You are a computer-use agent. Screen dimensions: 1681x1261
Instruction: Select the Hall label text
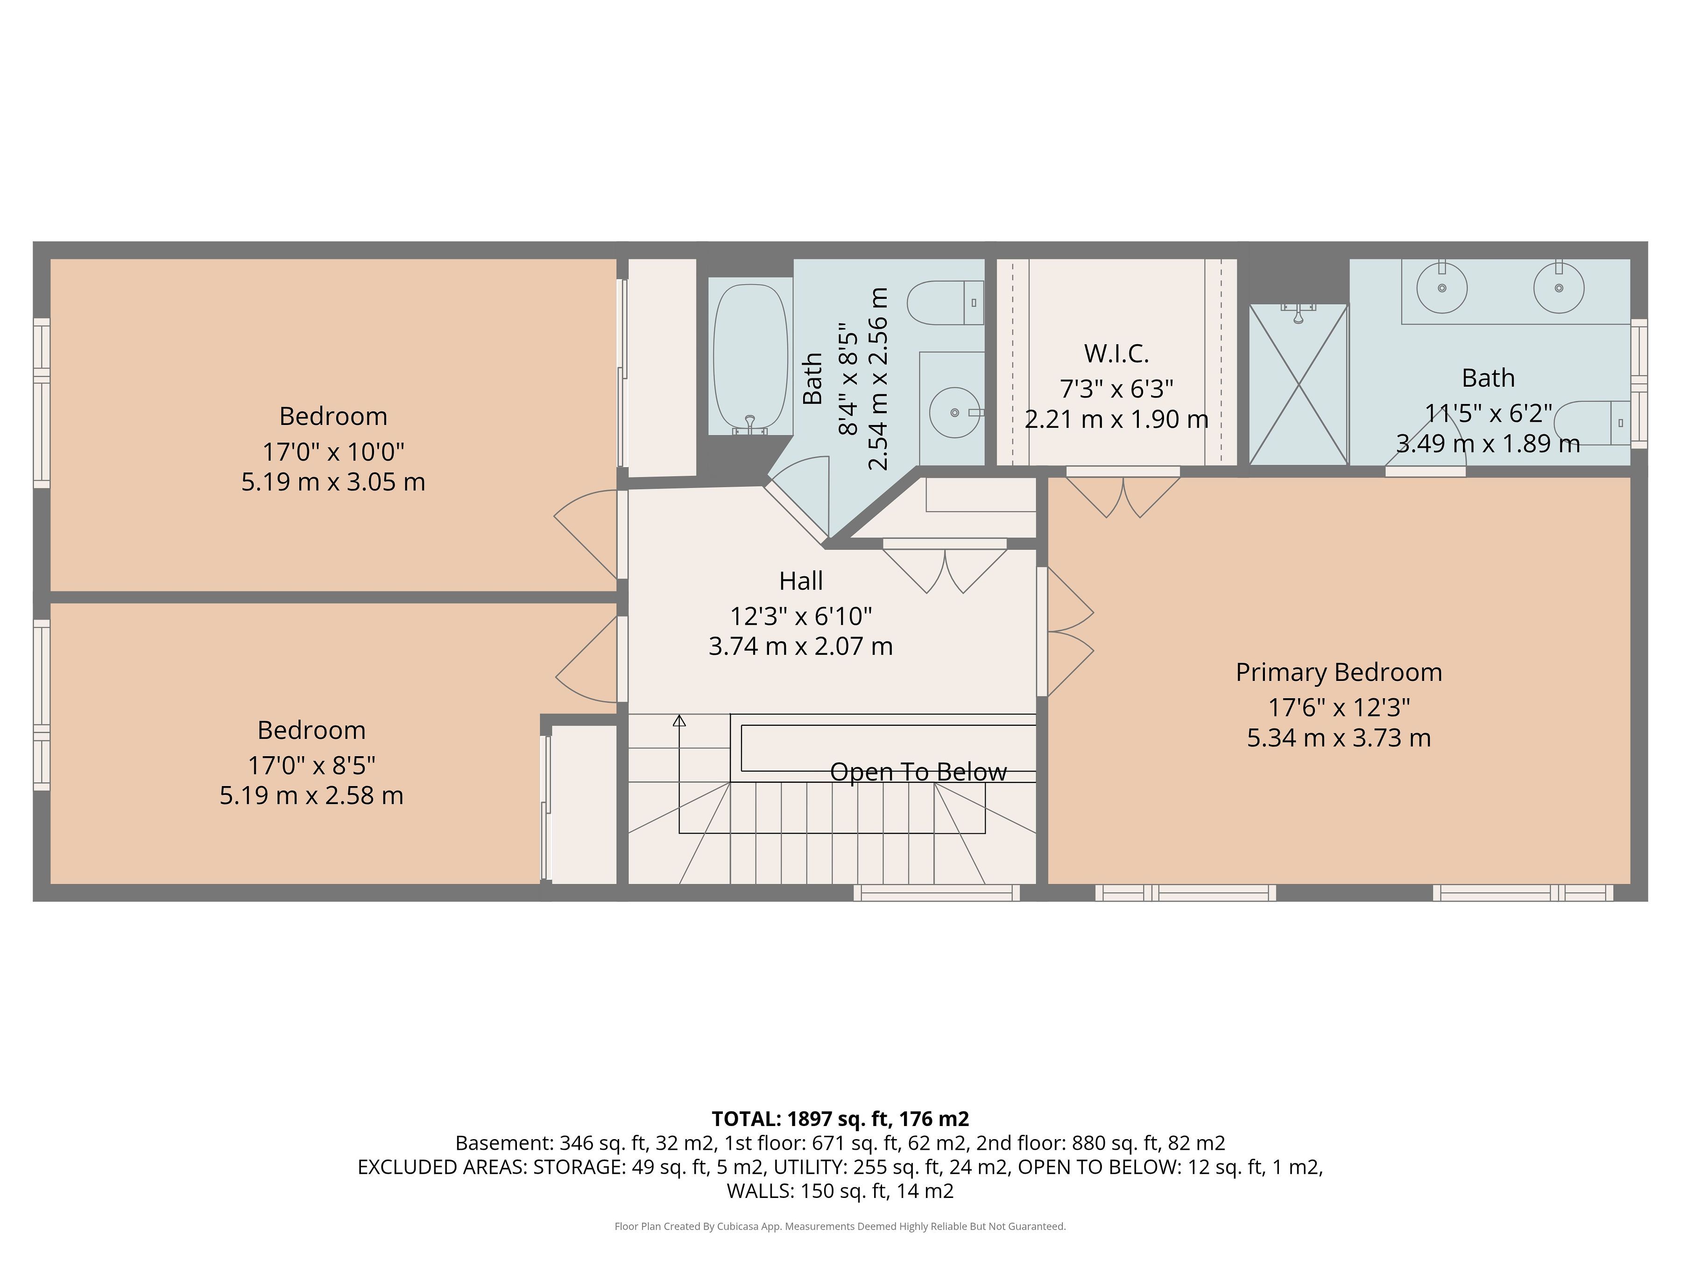[801, 581]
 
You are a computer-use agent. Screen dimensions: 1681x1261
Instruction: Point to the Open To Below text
[918, 772]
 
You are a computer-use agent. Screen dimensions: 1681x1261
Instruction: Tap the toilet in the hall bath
[946, 303]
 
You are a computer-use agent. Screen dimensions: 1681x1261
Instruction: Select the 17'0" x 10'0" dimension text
[333, 452]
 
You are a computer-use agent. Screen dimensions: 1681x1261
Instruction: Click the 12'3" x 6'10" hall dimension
[801, 616]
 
